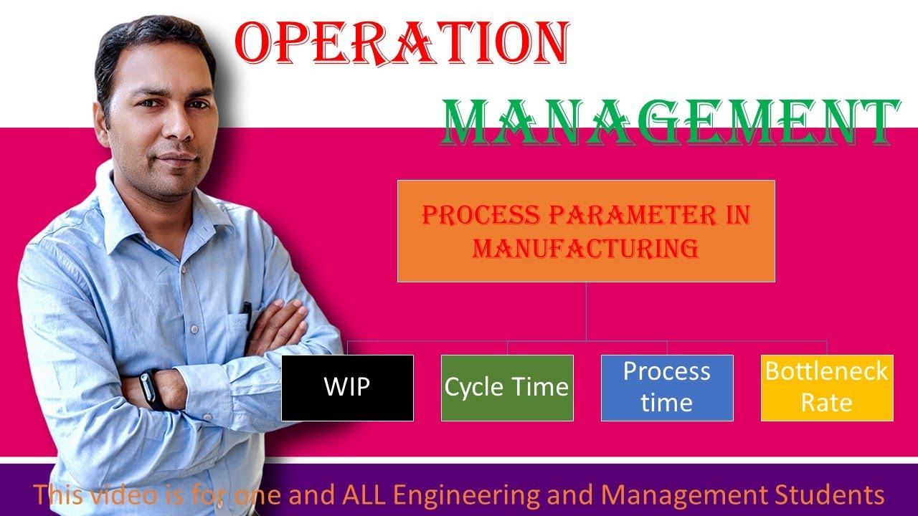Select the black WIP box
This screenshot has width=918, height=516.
pos(347,388)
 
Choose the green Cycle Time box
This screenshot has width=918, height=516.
pos(507,388)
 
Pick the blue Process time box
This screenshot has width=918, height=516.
pos(667,388)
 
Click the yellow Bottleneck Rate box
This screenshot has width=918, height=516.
pos(827,388)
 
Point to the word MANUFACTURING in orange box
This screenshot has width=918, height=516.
pos(586,249)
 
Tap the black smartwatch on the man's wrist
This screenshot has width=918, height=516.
pos(150,391)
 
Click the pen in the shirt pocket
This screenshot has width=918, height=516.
pos(247,315)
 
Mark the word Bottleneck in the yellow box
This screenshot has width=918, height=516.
pos(826,371)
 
